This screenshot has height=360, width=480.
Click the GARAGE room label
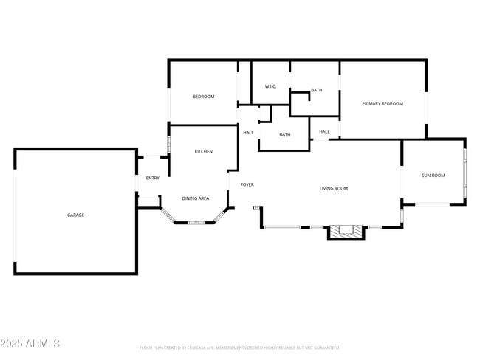point(75,215)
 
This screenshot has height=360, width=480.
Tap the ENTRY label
point(152,178)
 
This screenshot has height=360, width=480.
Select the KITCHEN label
point(203,152)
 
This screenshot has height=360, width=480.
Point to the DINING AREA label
point(195,198)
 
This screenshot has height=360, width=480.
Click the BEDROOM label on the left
point(203,97)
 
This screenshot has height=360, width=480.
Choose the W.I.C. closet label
point(270,87)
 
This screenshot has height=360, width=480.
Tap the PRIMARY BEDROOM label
point(383,103)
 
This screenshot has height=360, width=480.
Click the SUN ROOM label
point(433,176)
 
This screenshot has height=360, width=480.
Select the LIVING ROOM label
point(333,189)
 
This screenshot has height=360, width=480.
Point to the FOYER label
point(247,184)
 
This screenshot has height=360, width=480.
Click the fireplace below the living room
point(346,232)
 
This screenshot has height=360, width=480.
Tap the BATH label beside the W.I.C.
point(316,90)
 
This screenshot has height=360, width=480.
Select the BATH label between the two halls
point(284,134)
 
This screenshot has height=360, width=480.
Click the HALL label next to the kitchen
point(248,133)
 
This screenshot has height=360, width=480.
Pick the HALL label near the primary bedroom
point(324,132)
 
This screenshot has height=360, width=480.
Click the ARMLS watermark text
point(44,344)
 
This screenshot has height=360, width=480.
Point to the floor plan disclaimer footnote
point(239,347)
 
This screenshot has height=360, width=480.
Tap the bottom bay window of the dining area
point(195,222)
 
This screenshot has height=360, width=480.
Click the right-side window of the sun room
point(464,175)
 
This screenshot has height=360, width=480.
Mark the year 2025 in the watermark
point(13,344)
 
